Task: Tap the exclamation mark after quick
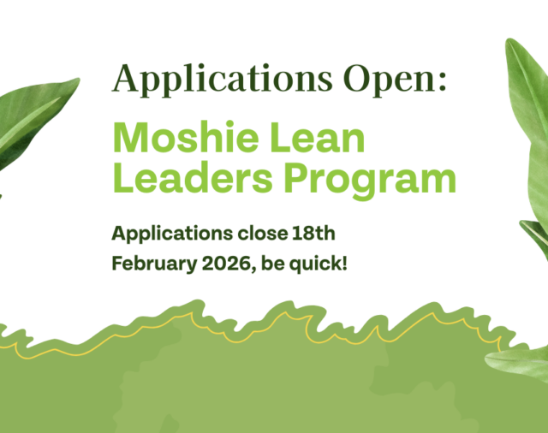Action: click(x=344, y=262)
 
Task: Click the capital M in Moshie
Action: click(x=131, y=138)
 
